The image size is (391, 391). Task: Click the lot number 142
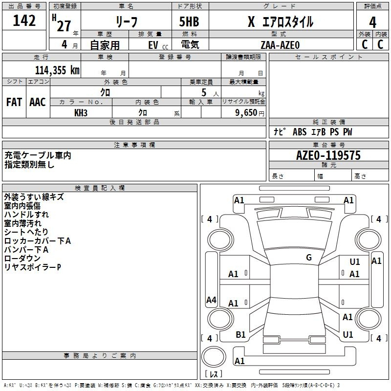24,21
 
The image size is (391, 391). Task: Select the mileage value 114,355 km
57,70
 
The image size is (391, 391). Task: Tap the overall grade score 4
372,22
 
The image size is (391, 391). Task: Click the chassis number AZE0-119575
328,155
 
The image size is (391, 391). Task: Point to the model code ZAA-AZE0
280,45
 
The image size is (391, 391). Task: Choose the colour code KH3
81,113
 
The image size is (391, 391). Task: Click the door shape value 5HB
189,22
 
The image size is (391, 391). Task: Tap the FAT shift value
14,102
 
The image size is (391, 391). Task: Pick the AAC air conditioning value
38,102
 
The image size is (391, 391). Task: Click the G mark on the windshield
309,258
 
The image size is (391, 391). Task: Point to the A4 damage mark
211,300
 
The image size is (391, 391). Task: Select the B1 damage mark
240,334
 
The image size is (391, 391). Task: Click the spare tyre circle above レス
214,356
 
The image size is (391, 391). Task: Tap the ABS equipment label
300,132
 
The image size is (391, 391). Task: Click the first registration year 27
64,26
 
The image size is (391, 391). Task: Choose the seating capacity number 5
204,93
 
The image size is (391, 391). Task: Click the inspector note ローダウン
22,259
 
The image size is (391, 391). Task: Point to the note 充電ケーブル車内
38,155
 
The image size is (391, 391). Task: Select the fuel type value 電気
190,44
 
